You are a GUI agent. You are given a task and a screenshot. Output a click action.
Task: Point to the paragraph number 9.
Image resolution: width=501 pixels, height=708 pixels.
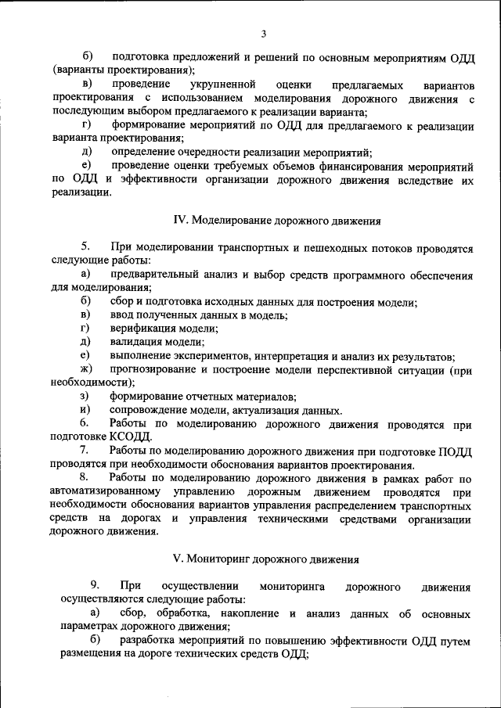pyautogui.click(x=94, y=586)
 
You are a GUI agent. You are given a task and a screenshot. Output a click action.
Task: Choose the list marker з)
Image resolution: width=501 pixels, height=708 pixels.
pyautogui.click(x=85, y=397)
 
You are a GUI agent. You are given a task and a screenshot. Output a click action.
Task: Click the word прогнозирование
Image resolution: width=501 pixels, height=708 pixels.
pyautogui.click(x=158, y=369)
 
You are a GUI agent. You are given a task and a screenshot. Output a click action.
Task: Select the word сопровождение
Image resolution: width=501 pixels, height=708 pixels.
pyautogui.click(x=149, y=410)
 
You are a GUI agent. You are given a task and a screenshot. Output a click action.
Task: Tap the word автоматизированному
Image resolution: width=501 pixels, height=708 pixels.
pyautogui.click(x=110, y=491)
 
